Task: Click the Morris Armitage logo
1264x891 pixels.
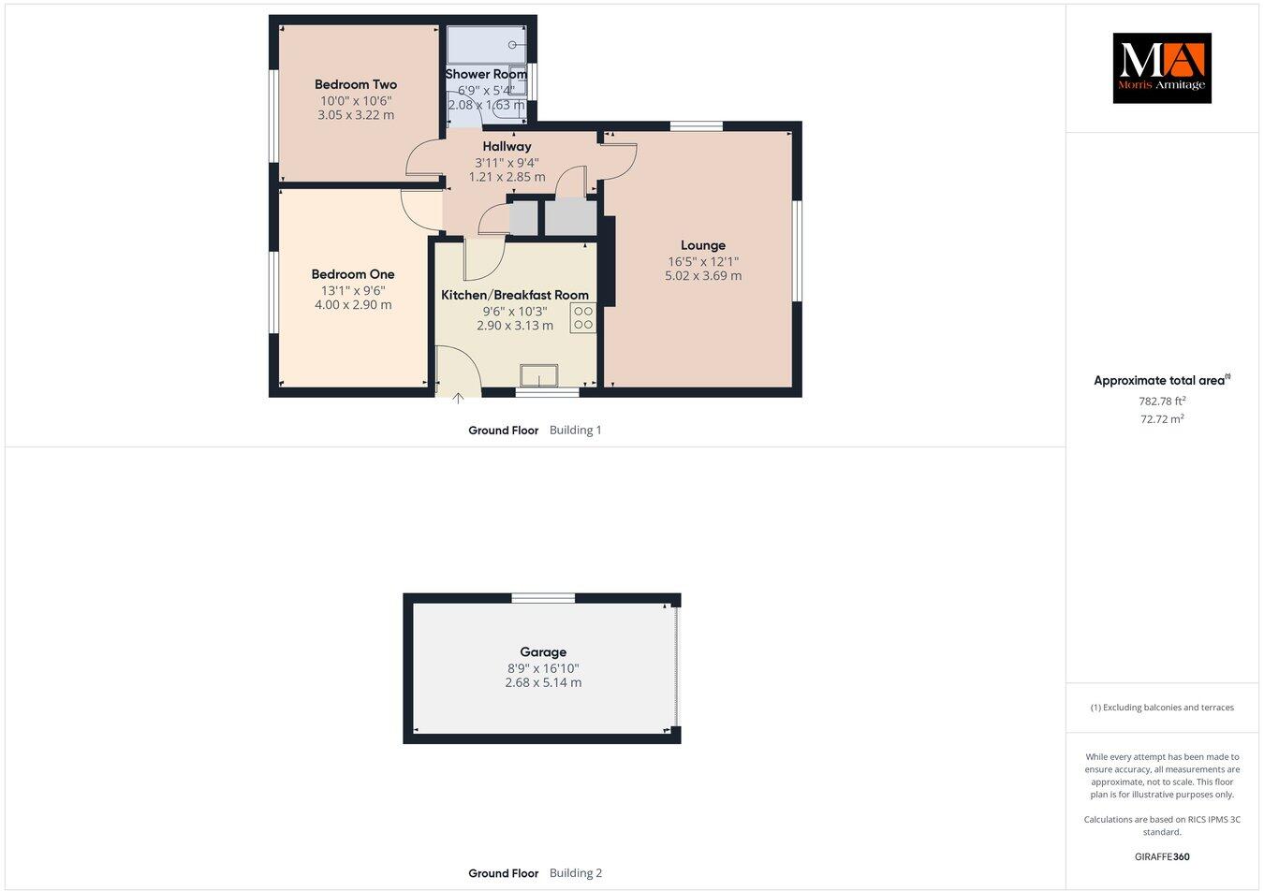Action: point(1161,67)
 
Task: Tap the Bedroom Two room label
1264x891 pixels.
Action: point(356,84)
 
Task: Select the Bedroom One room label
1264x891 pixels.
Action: point(353,274)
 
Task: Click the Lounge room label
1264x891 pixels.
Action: point(703,245)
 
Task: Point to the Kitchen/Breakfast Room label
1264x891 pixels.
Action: point(515,295)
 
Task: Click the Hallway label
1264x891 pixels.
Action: point(507,146)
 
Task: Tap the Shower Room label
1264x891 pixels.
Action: point(486,74)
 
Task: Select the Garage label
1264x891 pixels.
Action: point(543,652)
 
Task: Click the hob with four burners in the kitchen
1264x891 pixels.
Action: point(582,318)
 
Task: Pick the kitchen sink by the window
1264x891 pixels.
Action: point(539,374)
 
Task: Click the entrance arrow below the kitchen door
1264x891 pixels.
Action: point(458,399)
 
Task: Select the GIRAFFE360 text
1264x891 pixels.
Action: point(1162,856)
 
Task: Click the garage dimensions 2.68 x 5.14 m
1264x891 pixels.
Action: point(543,683)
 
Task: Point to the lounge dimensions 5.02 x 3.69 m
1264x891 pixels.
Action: point(703,276)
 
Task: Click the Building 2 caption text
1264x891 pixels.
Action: point(576,873)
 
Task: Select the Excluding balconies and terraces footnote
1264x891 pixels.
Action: point(1162,708)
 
